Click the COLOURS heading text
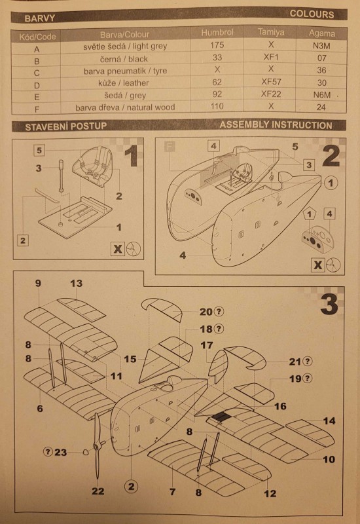[312, 14]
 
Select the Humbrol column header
[217, 32]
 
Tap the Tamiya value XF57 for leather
[271, 82]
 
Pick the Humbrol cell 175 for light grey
[217, 45]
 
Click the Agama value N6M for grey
[321, 95]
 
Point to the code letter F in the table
[37, 109]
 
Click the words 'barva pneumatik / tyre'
[125, 71]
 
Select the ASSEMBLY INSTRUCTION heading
[276, 125]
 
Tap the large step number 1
[132, 156]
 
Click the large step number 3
[329, 305]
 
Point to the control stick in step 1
[62, 176]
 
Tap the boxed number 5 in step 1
[39, 150]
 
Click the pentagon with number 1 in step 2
[309, 214]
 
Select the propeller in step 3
[97, 445]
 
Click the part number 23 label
[60, 452]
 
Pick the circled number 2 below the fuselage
[132, 486]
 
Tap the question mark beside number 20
[219, 312]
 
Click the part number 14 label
[329, 421]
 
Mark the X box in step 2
[318, 265]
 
